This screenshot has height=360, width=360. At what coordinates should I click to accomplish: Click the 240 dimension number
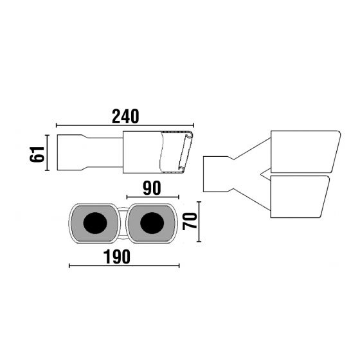point(125,116)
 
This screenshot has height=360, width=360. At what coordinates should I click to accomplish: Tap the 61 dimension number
point(37,154)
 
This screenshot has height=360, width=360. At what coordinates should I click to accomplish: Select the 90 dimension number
point(152,188)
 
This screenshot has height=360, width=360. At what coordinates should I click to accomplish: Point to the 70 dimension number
point(190,221)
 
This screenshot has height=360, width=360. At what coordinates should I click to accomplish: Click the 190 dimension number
point(117,256)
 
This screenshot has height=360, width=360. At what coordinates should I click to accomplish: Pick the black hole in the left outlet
point(95,223)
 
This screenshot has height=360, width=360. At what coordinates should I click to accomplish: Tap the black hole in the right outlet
point(152,223)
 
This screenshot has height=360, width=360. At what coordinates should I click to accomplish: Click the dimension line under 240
point(125,125)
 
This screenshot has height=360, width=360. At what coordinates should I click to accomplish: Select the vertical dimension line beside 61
point(47,153)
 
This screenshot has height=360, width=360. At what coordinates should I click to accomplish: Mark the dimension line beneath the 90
point(153,197)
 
